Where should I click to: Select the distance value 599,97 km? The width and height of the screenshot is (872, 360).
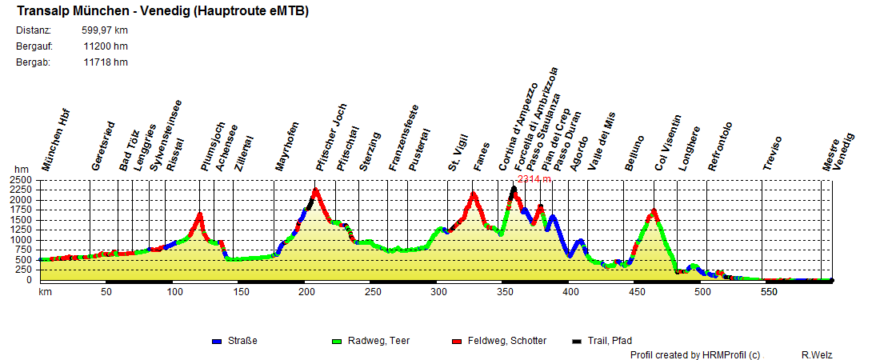[x=105, y=30]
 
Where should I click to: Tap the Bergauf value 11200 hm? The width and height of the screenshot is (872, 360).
[x=105, y=46]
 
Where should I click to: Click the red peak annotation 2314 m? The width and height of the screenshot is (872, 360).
[x=534, y=179]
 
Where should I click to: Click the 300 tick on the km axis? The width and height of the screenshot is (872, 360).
[x=438, y=293]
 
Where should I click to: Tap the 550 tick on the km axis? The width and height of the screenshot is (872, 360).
[x=768, y=293]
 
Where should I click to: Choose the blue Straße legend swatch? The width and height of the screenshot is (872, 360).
[x=216, y=342]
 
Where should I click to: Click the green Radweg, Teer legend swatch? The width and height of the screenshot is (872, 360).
[x=336, y=342]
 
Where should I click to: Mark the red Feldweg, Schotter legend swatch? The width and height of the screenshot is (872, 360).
[x=457, y=342]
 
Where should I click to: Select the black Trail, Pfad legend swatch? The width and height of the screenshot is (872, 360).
[x=576, y=342]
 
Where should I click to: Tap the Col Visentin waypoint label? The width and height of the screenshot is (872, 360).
[x=666, y=144]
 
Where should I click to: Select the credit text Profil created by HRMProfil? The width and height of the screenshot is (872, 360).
[x=694, y=354]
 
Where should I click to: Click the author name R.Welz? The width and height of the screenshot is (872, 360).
[x=818, y=354]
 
